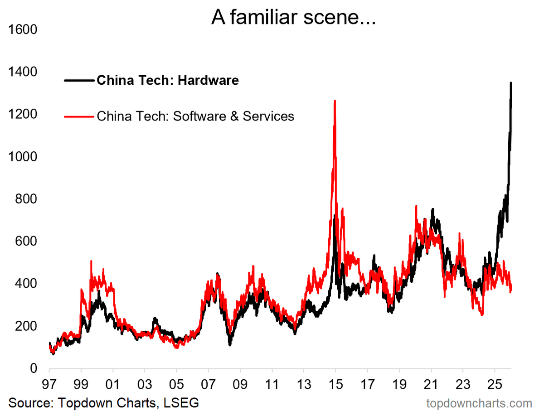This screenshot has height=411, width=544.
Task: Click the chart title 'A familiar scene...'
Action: (293, 17)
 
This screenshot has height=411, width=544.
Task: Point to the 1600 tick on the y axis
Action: (23, 29)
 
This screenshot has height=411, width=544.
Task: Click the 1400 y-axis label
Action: (23, 72)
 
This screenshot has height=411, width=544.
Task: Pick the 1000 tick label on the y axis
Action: (23, 157)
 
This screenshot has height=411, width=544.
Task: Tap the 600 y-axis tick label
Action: (26, 241)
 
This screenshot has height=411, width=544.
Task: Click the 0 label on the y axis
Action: (34, 368)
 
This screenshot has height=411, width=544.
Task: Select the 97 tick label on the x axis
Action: (49, 385)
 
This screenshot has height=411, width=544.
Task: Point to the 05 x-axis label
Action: (176, 385)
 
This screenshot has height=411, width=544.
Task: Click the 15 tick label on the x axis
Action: (335, 385)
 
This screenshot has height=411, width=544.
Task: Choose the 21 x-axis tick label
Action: (431, 385)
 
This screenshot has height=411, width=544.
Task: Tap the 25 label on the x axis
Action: (495, 385)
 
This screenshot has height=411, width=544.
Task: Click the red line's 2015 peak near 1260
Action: (335, 101)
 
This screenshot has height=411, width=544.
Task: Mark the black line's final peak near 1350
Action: (511, 83)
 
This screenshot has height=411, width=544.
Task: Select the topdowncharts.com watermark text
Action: (479, 403)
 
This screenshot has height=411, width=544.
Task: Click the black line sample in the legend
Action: (79, 80)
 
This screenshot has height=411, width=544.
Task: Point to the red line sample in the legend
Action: (79, 116)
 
